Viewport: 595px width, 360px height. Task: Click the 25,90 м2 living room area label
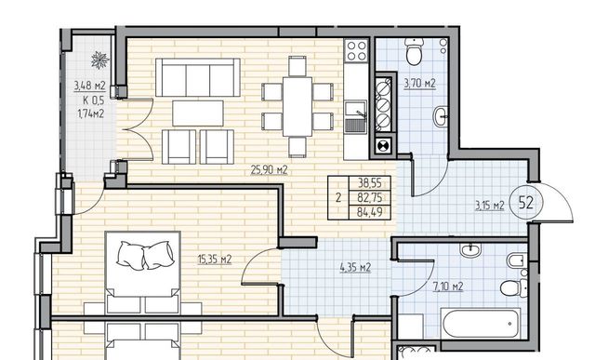(269, 169)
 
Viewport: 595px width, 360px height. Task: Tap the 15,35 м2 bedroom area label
(215, 260)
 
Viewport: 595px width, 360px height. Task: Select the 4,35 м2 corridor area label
(355, 267)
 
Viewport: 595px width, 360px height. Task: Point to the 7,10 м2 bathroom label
(448, 286)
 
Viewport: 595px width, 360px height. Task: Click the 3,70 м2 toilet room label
(419, 83)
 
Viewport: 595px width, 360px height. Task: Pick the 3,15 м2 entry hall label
(490, 206)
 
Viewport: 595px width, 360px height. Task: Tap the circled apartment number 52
(525, 203)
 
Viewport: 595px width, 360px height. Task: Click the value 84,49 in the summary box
(369, 212)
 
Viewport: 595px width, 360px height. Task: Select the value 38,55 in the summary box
(369, 183)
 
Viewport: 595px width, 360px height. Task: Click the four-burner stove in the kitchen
(357, 50)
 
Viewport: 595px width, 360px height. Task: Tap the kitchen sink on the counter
(355, 117)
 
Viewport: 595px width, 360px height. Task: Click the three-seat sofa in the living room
(198, 77)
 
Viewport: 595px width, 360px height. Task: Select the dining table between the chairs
(297, 107)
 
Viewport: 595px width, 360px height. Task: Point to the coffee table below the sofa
(198, 113)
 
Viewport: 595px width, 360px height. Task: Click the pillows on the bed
(145, 255)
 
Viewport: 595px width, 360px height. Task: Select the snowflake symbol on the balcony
(100, 60)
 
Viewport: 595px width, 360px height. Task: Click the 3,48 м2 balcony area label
(90, 86)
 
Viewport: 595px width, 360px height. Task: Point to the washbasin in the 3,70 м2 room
(441, 116)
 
